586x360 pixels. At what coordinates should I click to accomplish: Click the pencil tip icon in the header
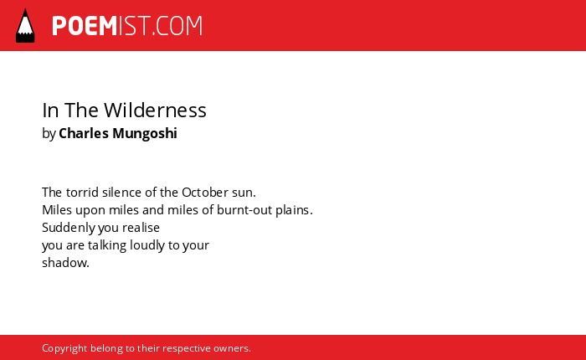25,26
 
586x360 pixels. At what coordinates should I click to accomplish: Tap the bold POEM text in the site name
85,26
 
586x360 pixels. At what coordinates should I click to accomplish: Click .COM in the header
177,26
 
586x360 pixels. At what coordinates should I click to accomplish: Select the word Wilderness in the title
155,111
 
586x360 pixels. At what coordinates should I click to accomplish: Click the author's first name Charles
84,133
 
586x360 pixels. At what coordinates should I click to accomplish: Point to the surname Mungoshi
145,134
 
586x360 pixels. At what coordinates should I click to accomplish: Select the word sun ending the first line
244,193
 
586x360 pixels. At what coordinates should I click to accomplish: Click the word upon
90,211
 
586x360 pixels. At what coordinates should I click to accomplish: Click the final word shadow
66,263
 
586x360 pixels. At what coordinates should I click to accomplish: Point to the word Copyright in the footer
64,348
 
